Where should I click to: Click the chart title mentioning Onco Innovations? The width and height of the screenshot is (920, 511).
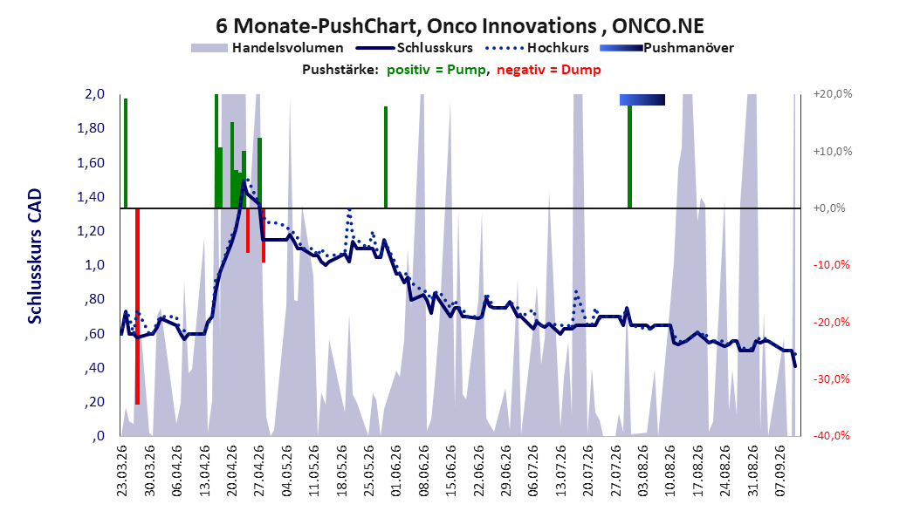click(x=459, y=26)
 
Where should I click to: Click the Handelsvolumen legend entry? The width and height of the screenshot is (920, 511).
click(x=267, y=48)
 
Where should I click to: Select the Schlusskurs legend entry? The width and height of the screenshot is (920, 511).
click(x=415, y=48)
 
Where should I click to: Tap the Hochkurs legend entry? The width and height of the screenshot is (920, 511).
click(x=537, y=48)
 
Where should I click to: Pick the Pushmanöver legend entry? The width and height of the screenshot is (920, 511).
click(x=667, y=48)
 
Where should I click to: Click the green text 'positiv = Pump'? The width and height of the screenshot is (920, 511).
click(x=436, y=70)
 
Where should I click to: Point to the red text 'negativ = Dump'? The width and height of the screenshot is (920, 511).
click(x=549, y=70)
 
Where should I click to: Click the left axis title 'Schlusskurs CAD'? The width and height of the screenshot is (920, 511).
click(x=35, y=256)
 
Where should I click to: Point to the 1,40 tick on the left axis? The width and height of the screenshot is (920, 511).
click(x=91, y=197)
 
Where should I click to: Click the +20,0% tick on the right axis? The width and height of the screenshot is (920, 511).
click(x=833, y=94)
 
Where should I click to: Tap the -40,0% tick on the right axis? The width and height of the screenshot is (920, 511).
click(x=831, y=435)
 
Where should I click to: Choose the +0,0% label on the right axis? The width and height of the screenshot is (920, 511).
click(x=829, y=208)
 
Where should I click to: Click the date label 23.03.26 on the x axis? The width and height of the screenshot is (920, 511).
click(x=122, y=471)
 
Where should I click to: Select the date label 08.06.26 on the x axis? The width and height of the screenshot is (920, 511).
click(x=423, y=471)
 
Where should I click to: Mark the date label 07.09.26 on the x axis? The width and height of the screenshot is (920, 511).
click(x=779, y=471)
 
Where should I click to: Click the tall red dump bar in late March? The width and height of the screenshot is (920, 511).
click(x=137, y=306)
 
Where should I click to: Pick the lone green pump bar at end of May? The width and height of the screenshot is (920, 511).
click(x=386, y=157)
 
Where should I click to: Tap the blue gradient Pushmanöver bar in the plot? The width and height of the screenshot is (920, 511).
click(x=642, y=99)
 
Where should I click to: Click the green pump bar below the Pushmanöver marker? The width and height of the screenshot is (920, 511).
click(x=629, y=156)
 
